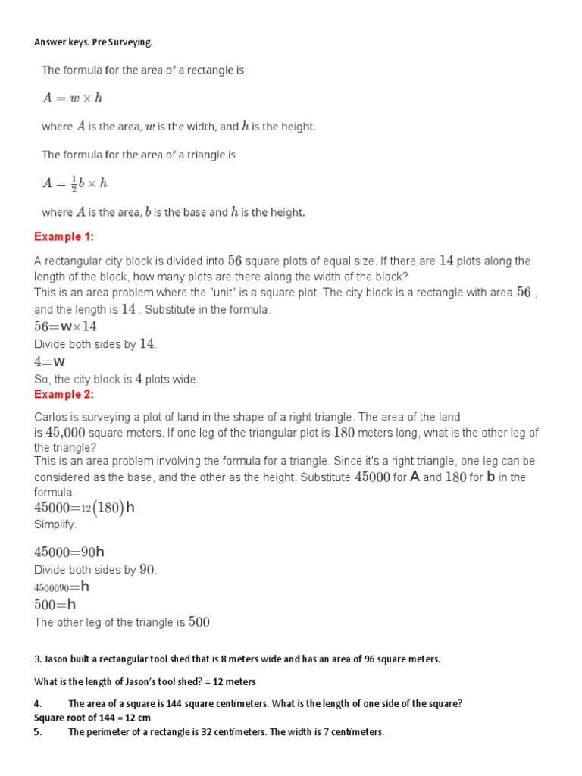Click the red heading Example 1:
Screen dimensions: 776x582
64,237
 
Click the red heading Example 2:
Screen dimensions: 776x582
64,394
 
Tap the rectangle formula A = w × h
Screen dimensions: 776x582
72,98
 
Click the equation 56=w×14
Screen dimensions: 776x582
65,327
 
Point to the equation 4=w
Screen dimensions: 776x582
49,361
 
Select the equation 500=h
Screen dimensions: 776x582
55,604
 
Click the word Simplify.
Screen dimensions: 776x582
55,524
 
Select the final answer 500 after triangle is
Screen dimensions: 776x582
199,622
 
